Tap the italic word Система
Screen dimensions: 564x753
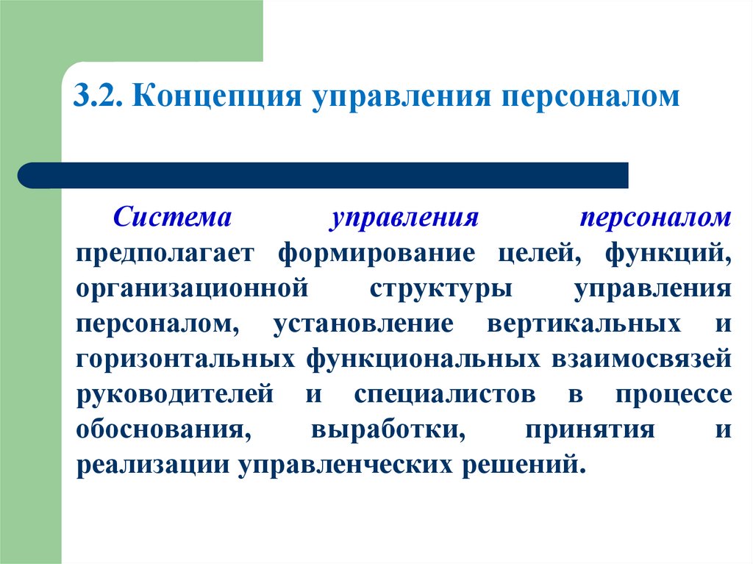pos(171,218)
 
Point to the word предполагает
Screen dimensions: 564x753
pos(164,254)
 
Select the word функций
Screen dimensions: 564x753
pos(668,254)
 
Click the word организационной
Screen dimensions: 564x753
pos(190,289)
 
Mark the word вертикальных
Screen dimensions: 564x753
pos(582,324)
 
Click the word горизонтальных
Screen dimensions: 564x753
pos(180,359)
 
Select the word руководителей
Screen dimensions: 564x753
pos(174,394)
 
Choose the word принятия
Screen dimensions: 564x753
pos(589,429)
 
